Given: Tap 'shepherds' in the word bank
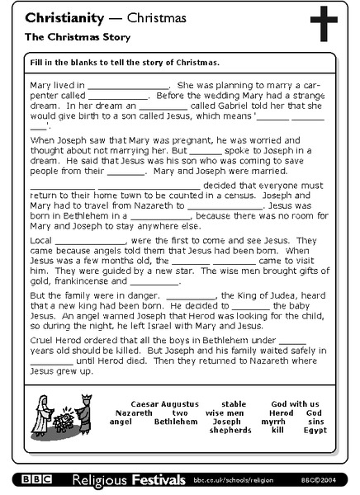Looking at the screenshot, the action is coord(230,430).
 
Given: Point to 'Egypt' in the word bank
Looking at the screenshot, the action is coord(315,430).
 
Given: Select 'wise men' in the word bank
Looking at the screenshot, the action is coord(225,412).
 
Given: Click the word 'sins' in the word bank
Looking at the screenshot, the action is coord(314,422).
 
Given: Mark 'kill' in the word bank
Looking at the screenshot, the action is coord(278,430).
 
